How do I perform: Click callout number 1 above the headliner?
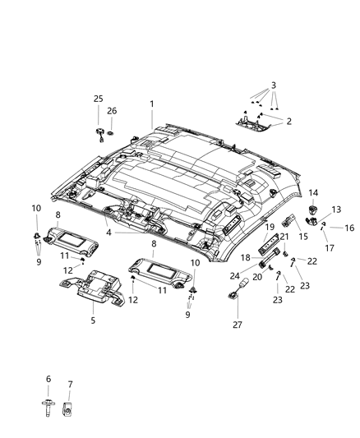tap(152, 104)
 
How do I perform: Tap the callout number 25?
tap(98, 99)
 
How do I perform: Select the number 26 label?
tap(113, 110)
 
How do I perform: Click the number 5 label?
tap(93, 320)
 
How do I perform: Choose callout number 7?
tap(69, 385)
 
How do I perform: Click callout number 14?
tap(313, 192)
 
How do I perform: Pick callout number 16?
tap(348, 228)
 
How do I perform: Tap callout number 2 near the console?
tap(289, 122)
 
